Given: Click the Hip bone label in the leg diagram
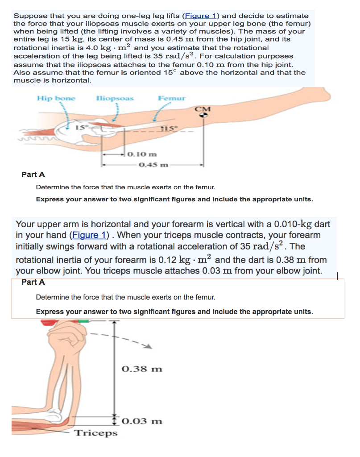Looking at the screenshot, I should click(56, 97).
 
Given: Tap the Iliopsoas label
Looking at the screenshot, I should click(109, 97).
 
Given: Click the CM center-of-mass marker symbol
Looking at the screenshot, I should click(203, 115).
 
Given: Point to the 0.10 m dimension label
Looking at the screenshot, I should click(142, 154).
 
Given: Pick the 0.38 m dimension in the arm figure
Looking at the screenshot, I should click(142, 369).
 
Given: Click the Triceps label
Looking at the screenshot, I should click(96, 432).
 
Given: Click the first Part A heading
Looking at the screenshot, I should click(33, 174).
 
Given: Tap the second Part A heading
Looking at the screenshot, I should click(33, 282).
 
